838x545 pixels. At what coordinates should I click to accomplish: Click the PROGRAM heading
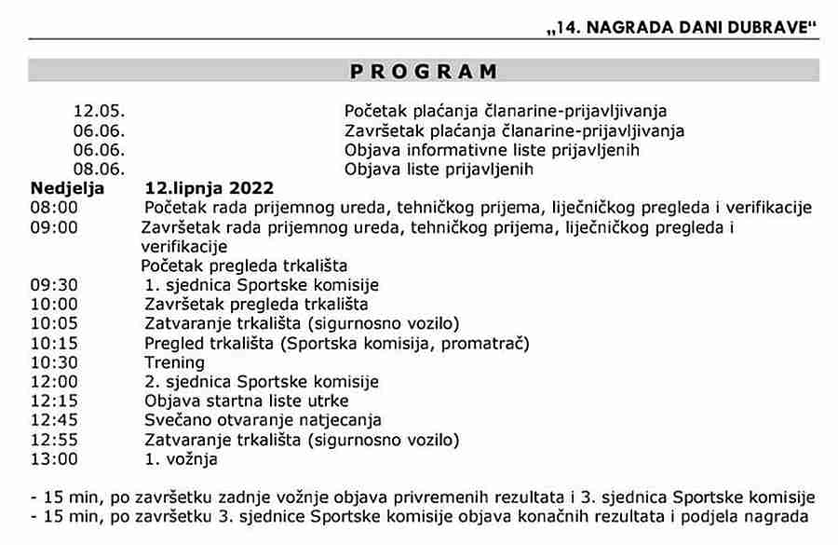[x=424, y=72]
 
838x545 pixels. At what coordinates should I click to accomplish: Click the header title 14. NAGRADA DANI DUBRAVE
[x=682, y=28]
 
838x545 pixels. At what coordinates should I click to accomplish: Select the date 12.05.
[x=99, y=111]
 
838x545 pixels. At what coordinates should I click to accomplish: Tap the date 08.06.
[x=99, y=169]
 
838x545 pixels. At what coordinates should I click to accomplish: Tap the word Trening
[x=174, y=362]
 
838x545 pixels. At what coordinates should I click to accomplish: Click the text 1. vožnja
[x=181, y=459]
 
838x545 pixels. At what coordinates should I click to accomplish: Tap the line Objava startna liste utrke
[x=247, y=401]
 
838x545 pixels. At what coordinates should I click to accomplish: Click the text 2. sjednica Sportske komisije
[x=262, y=382]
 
